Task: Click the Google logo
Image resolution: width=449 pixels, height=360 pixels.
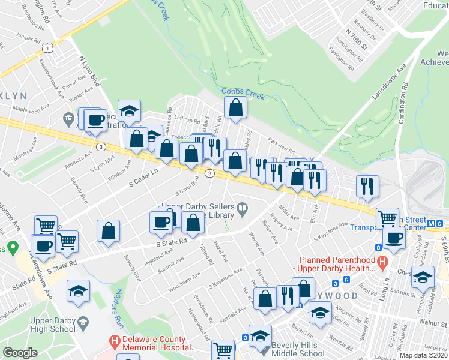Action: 20,353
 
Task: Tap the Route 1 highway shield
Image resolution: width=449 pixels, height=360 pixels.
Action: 46,47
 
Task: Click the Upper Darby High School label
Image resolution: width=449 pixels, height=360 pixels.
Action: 53,325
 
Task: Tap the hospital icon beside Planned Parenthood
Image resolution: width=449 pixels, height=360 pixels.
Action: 380,261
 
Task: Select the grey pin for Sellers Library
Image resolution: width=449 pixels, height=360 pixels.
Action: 243,209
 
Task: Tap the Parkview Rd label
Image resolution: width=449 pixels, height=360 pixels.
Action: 282,146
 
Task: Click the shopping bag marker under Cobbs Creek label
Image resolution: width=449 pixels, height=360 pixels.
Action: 236,109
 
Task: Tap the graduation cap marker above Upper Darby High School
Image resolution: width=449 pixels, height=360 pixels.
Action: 78,292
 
